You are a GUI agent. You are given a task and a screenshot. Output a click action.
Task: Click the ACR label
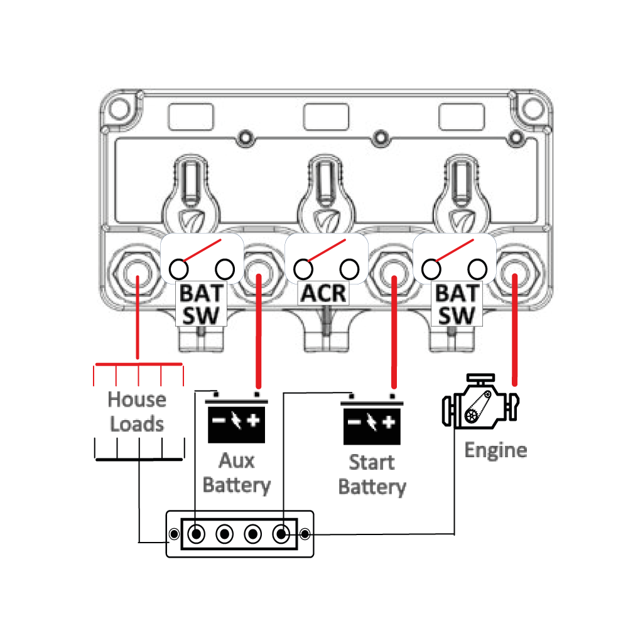(x=323, y=293)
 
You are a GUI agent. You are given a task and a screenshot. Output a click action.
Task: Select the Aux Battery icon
(x=236, y=418)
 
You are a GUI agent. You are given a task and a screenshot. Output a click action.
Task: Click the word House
(x=137, y=399)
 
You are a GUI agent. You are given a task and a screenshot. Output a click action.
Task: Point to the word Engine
(x=496, y=450)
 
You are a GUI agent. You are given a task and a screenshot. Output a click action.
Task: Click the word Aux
(x=236, y=460)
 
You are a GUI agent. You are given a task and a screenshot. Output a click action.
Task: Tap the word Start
(x=372, y=462)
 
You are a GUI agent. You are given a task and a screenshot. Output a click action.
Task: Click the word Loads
(x=137, y=424)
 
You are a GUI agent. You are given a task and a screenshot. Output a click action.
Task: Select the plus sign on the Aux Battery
(x=253, y=420)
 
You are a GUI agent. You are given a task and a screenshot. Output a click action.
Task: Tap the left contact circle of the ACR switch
(x=303, y=269)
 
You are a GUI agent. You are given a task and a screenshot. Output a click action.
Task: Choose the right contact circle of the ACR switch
(x=349, y=269)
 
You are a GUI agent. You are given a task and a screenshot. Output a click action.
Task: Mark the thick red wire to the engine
(x=515, y=330)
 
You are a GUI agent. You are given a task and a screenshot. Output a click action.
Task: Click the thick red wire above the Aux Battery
(x=258, y=331)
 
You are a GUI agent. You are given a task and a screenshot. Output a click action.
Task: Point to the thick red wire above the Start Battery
(x=394, y=332)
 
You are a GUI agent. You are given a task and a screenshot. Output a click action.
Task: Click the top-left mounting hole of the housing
(x=119, y=109)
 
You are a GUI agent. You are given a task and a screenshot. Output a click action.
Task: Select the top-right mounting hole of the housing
(x=533, y=109)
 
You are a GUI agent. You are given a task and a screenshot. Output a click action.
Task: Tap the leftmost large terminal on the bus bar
(x=196, y=534)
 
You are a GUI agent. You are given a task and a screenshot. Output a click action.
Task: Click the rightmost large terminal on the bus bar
(x=281, y=534)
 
